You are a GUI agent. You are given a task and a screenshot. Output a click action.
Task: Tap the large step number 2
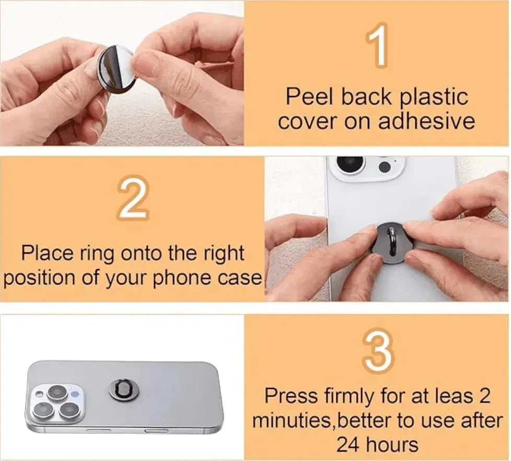point(133,200)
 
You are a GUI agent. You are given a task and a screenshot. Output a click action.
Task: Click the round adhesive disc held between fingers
point(116,69)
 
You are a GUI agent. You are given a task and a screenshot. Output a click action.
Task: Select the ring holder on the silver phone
point(124,389)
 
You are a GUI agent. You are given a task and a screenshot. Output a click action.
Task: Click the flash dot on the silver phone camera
point(75,393)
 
